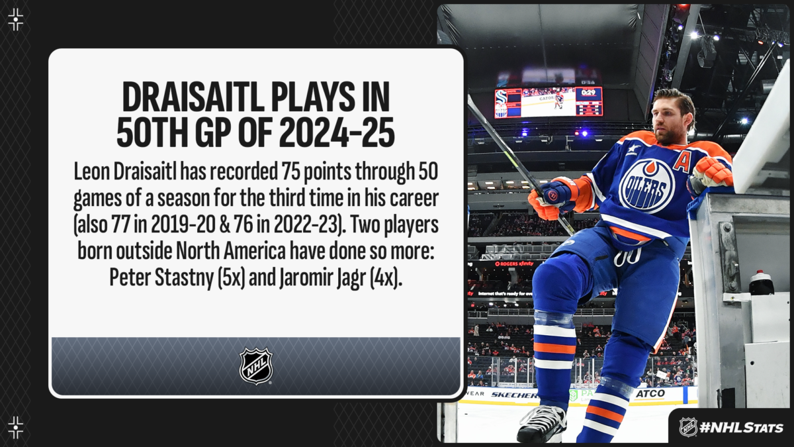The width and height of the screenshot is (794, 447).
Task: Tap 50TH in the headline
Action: pyautogui.click(x=152, y=132)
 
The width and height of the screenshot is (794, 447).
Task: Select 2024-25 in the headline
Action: pyautogui.click(x=337, y=132)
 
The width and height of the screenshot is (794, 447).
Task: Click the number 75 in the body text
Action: pyautogui.click(x=290, y=172)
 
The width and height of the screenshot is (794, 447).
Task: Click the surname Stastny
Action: pyautogui.click(x=184, y=277)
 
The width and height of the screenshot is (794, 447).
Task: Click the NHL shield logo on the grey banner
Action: pyautogui.click(x=256, y=366)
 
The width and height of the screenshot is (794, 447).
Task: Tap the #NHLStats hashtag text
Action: pyautogui.click(x=741, y=428)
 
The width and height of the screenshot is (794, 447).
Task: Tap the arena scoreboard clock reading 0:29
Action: pyautogui.click(x=588, y=93)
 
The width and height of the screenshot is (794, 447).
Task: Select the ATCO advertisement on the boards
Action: pyautogui.click(x=650, y=393)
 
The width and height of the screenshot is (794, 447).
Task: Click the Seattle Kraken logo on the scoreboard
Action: pyautogui.click(x=502, y=96)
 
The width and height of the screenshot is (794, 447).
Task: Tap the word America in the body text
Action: pyautogui.click(x=255, y=251)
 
